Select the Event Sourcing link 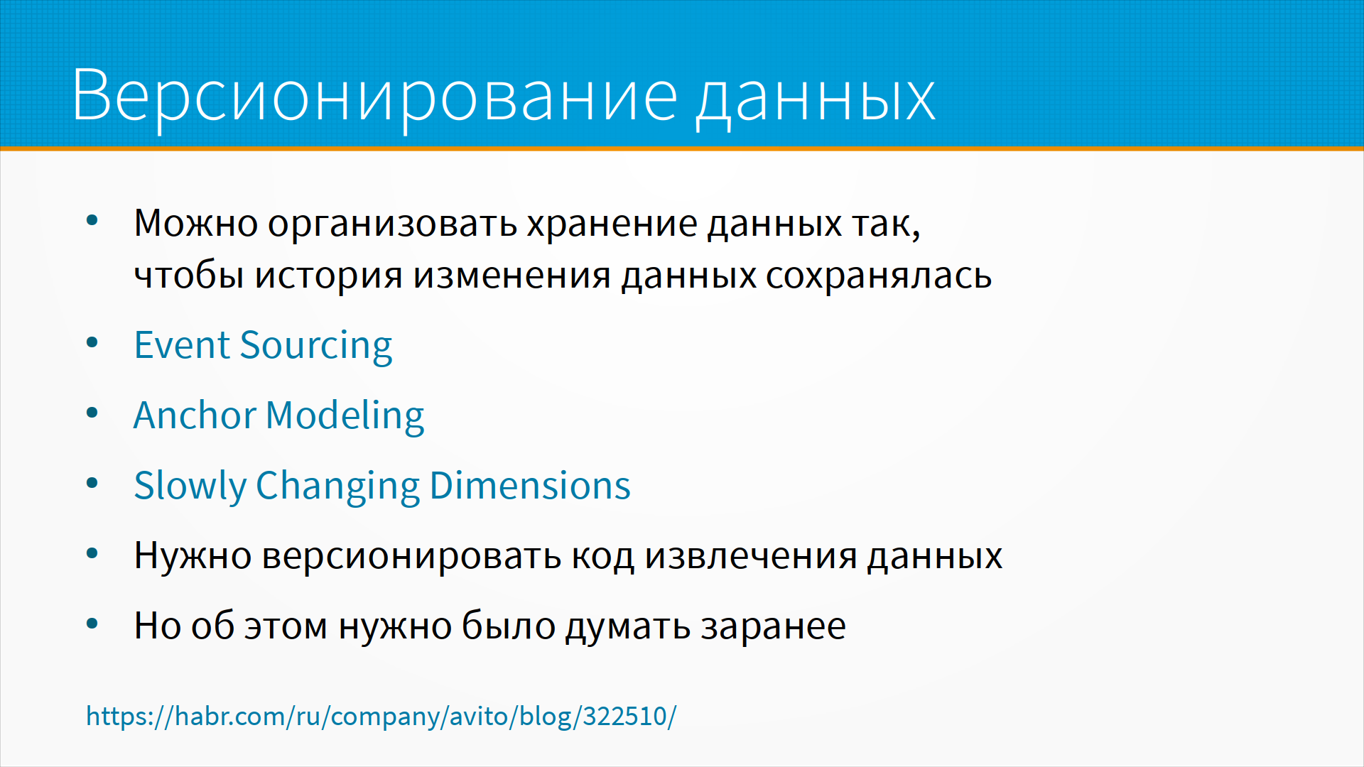263,346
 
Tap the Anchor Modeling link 278,416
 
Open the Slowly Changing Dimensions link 382,486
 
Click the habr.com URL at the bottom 381,716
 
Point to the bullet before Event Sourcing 92,344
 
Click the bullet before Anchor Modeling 92,413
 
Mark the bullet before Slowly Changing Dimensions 92,484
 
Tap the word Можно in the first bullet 196,224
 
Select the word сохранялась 879,276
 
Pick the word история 329,278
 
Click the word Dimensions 530,486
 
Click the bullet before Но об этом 92,624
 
